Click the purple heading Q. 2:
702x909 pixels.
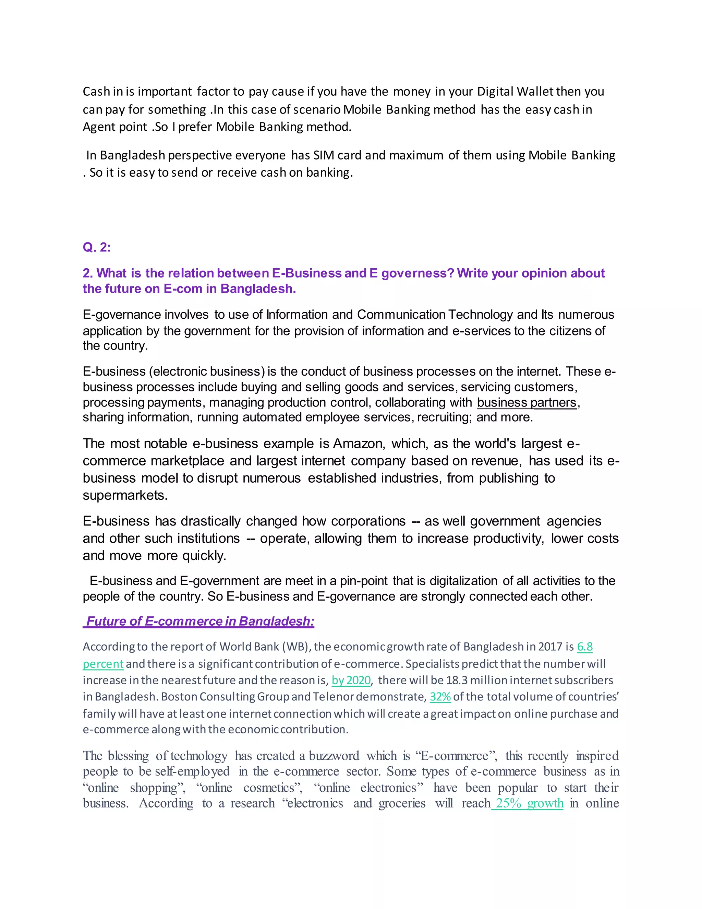coord(96,247)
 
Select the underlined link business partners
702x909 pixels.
coord(526,402)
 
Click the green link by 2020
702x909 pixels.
coord(351,680)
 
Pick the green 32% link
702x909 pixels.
coord(440,697)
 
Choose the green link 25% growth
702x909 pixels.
coord(527,803)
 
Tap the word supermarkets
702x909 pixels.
coord(124,495)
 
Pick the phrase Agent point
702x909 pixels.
coord(115,127)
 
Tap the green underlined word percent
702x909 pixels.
coord(103,664)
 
